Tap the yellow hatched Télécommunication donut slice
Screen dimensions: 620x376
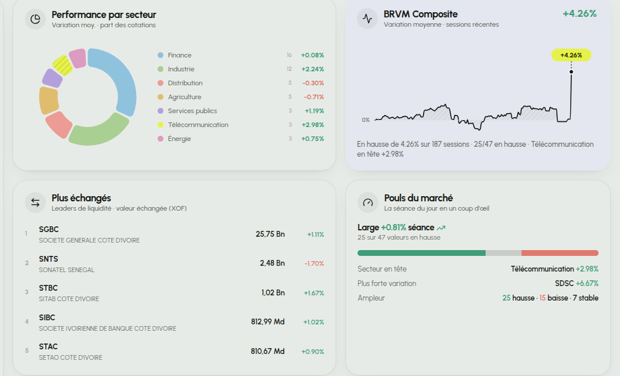coord(63,66)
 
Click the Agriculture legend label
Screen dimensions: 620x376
coord(184,97)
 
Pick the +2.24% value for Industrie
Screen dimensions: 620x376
coord(312,69)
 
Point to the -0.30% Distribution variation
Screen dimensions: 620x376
coord(313,83)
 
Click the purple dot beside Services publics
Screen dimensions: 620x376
coord(161,111)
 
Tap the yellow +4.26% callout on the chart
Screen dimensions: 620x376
coord(571,55)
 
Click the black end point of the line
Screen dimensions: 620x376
coord(571,71)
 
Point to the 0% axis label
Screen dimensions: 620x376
coord(366,120)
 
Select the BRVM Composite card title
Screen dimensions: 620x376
coord(420,15)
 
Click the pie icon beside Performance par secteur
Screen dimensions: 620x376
coord(35,19)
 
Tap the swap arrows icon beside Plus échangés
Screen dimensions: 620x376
coord(35,203)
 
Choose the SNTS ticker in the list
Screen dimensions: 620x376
coord(48,259)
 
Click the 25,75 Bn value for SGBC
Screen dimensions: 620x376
coord(270,234)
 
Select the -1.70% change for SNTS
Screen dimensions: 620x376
coord(314,263)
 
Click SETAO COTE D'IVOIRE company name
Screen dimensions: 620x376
coord(70,357)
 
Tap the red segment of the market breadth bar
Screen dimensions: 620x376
coord(560,253)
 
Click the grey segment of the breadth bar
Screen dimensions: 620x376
coord(504,253)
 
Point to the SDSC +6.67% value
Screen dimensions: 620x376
coord(577,283)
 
